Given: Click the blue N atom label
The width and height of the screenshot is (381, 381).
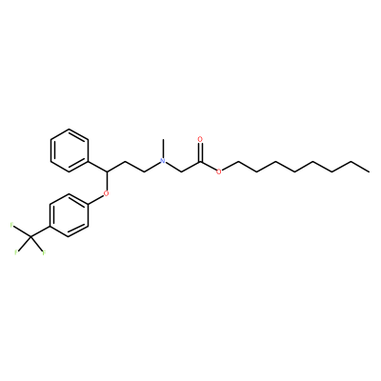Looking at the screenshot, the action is (x=163, y=161).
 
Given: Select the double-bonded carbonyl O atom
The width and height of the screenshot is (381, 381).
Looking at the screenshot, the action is (x=200, y=139).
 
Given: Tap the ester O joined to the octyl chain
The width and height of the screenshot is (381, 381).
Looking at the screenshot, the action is (x=218, y=171).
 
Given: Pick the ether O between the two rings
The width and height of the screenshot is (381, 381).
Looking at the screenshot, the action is (x=107, y=193).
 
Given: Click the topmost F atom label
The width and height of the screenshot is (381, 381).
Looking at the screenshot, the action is (x=12, y=226).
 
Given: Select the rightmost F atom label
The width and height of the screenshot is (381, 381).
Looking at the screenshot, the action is (x=44, y=253).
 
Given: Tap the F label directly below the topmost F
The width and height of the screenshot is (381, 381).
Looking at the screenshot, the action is (x=16, y=253).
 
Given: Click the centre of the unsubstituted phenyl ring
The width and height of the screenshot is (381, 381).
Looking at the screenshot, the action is (x=70, y=150).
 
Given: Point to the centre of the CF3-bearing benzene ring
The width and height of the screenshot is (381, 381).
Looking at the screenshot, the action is (x=69, y=215).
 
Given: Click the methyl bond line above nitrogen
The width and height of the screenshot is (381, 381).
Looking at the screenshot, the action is (x=163, y=148).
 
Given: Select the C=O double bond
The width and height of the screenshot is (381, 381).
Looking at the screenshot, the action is (x=200, y=152).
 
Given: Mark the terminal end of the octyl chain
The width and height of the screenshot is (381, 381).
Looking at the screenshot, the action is (x=369, y=171).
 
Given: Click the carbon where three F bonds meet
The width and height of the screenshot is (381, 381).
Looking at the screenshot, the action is (x=31, y=236).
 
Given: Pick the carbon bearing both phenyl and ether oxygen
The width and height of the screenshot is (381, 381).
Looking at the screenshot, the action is (x=107, y=171).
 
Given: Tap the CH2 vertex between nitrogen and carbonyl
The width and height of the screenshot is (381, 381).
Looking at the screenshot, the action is (x=181, y=171).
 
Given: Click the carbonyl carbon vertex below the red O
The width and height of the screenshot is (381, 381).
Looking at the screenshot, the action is (x=200, y=161).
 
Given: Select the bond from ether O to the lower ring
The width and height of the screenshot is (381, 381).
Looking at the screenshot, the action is (x=95, y=199).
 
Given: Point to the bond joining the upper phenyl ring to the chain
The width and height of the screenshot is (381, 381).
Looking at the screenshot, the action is (x=97, y=167).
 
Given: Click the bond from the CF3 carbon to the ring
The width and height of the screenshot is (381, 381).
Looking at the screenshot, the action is (x=40, y=231).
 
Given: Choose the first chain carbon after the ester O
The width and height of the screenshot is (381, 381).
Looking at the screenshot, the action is (x=237, y=161).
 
